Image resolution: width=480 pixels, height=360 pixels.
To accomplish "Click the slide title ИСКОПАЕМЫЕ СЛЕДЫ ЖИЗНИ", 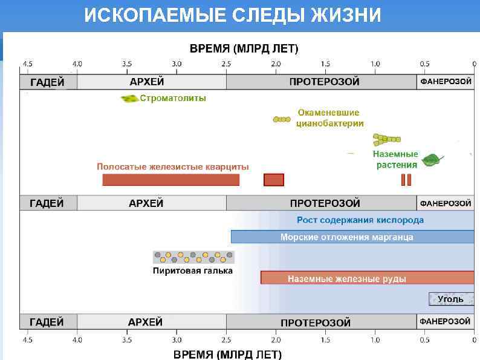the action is (233, 15).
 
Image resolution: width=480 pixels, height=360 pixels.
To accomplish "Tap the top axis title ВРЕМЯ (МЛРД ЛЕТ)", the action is (244, 48).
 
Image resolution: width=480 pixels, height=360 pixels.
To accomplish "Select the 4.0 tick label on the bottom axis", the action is (77, 339).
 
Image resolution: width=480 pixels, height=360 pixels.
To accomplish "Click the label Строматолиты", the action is (173, 98).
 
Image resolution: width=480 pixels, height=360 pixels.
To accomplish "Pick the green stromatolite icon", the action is (129, 98).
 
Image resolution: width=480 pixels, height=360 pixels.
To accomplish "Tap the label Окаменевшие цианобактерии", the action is (329, 118).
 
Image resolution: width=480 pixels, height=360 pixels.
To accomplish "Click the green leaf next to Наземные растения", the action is (432, 160).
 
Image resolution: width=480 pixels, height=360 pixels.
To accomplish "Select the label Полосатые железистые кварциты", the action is (172, 166).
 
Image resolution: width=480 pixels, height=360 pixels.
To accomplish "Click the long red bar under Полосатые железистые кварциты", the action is (170, 180).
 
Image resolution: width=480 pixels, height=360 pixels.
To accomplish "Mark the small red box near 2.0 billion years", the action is (274, 180).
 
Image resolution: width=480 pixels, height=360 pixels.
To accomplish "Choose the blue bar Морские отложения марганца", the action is (352, 237).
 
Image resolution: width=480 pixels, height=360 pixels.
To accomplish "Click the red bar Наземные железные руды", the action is (368, 278).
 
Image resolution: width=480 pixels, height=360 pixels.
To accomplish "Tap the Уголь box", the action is (451, 299).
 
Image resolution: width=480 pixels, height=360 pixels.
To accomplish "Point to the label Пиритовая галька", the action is (192, 271).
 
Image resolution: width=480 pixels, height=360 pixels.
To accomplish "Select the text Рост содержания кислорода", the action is (360, 220).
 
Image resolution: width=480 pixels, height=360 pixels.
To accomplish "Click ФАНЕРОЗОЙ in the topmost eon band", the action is (446, 82).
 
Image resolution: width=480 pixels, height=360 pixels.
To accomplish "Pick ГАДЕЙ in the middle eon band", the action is (47, 203).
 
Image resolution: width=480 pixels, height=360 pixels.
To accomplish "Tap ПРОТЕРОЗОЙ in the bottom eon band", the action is (316, 322).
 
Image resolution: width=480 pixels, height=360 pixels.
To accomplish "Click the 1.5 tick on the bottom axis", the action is (325, 339).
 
